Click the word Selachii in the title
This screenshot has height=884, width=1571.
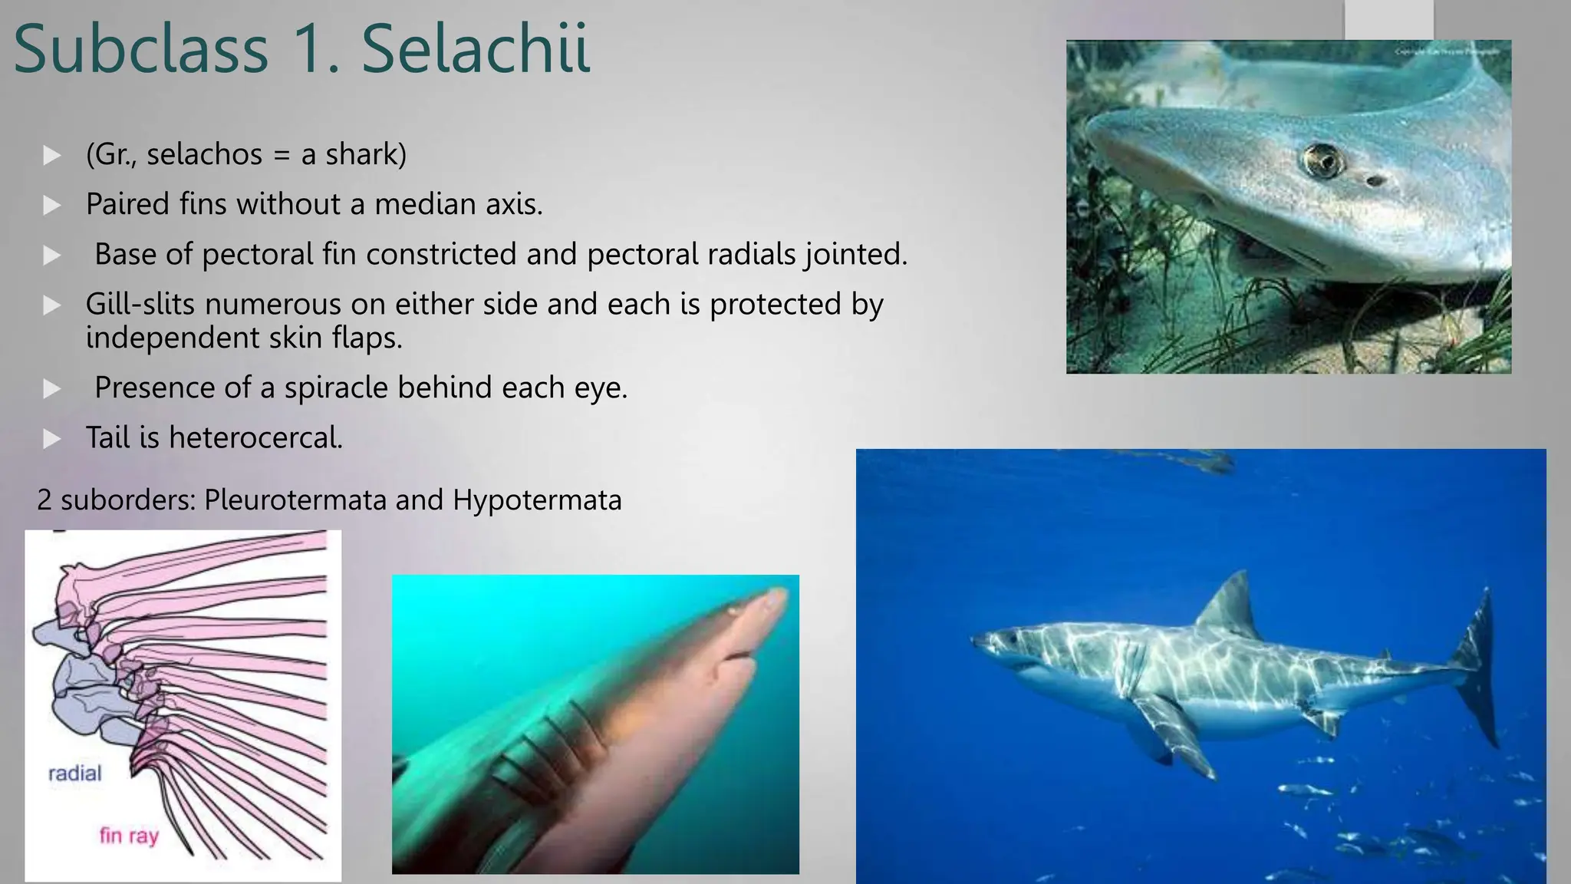pyautogui.click(x=476, y=49)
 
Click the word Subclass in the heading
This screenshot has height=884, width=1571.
pyautogui.click(x=141, y=49)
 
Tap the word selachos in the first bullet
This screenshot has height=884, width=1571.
pyautogui.click(x=204, y=154)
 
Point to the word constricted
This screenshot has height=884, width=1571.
pyautogui.click(x=430, y=254)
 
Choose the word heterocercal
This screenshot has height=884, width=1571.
pyautogui.click(x=255, y=437)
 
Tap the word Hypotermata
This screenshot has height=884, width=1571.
pyautogui.click(x=537, y=500)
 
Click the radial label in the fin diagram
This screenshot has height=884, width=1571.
pyautogui.click(x=74, y=773)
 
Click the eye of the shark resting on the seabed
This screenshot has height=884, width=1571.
pyautogui.click(x=1323, y=160)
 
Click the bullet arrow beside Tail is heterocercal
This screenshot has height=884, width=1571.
pyautogui.click(x=52, y=438)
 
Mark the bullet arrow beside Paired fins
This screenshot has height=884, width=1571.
pyautogui.click(x=52, y=205)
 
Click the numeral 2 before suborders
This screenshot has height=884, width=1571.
pyautogui.click(x=44, y=500)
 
